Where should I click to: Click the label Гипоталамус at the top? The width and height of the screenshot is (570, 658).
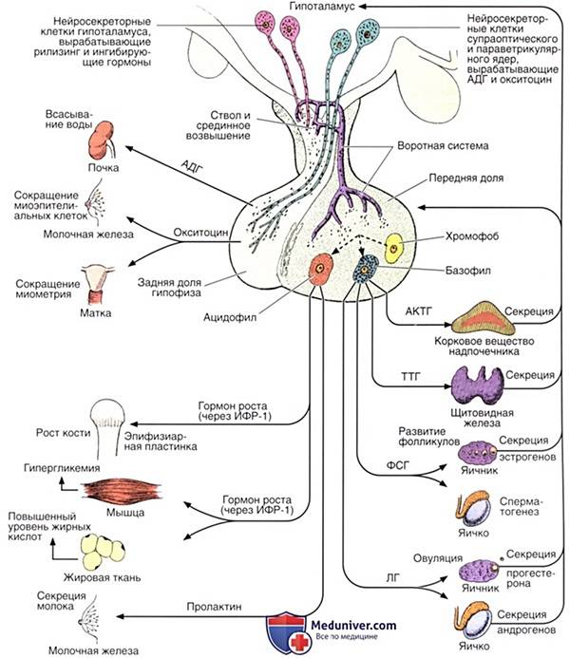327,8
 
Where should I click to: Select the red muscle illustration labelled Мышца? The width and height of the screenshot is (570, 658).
111,491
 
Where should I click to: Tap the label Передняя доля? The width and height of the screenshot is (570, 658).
466,177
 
